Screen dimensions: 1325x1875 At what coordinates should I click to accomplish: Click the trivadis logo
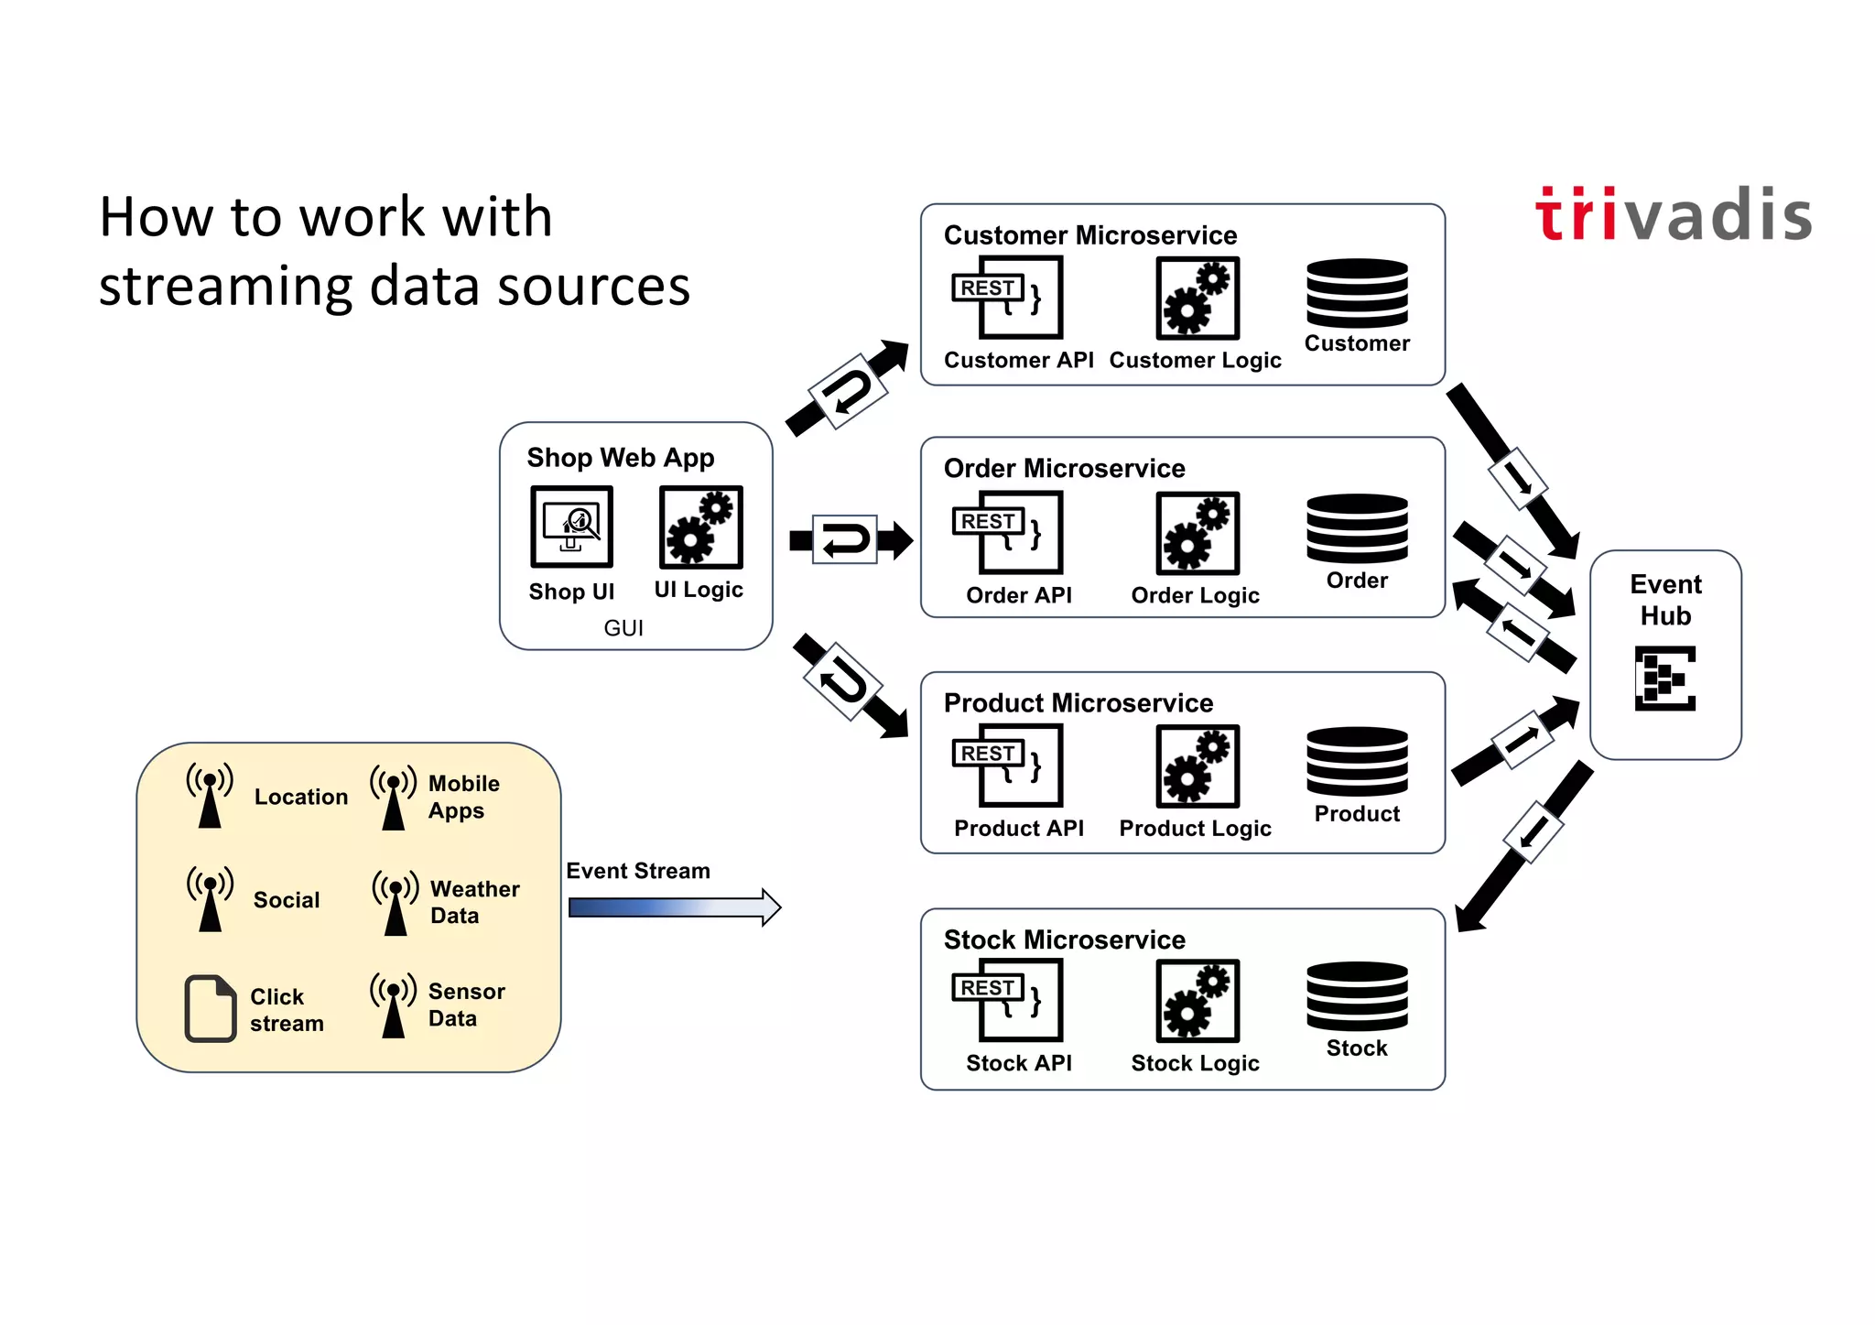(1673, 216)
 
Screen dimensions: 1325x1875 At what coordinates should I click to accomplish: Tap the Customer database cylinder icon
(1356, 293)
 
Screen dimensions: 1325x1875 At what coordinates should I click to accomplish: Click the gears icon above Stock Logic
(1197, 1000)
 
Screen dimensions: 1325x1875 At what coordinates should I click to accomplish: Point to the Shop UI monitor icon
(571, 527)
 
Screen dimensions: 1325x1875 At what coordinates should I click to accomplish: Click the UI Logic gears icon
(700, 527)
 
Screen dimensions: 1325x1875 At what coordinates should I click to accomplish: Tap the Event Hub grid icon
(1664, 679)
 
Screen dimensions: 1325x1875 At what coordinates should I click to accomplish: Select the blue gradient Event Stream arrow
(674, 907)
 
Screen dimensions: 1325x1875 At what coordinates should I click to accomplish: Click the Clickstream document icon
(211, 1008)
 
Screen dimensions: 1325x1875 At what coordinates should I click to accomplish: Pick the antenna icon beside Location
(210, 795)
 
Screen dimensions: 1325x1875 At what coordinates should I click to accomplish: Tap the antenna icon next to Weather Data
(396, 902)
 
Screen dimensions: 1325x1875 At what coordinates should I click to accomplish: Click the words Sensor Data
(466, 1005)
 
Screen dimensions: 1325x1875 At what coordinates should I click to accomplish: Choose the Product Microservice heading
(1078, 703)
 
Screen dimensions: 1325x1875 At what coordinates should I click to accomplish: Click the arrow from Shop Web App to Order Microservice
(850, 540)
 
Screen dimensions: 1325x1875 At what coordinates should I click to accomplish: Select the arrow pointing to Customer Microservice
(848, 389)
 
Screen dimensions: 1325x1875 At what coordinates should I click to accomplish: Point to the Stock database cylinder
(1356, 996)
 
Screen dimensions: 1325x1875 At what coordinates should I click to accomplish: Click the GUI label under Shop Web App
(623, 628)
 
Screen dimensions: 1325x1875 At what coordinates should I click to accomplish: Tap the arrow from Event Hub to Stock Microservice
(1524, 844)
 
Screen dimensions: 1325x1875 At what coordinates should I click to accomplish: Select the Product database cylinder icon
(1356, 762)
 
